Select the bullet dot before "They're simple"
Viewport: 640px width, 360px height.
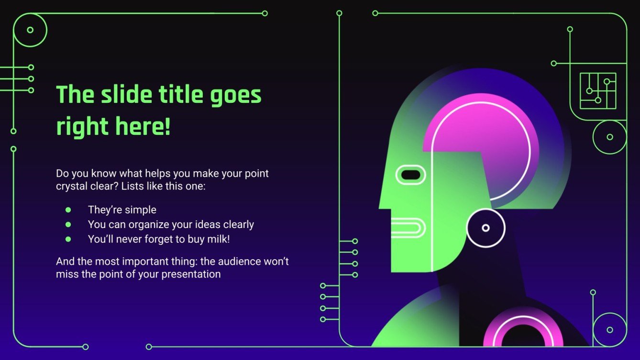coord(68,209)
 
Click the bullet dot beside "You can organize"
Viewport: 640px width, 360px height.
coord(68,224)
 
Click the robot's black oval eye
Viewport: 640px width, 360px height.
coord(410,175)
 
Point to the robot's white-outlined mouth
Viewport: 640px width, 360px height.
coord(408,228)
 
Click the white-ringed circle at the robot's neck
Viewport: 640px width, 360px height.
coord(486,228)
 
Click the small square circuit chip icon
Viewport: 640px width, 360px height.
coord(598,91)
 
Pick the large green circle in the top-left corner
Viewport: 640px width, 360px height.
coord(30,30)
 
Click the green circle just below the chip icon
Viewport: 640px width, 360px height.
coord(609,137)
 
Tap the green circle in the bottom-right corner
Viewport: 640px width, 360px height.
coord(609,329)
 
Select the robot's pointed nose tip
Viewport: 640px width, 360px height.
coord(381,207)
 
